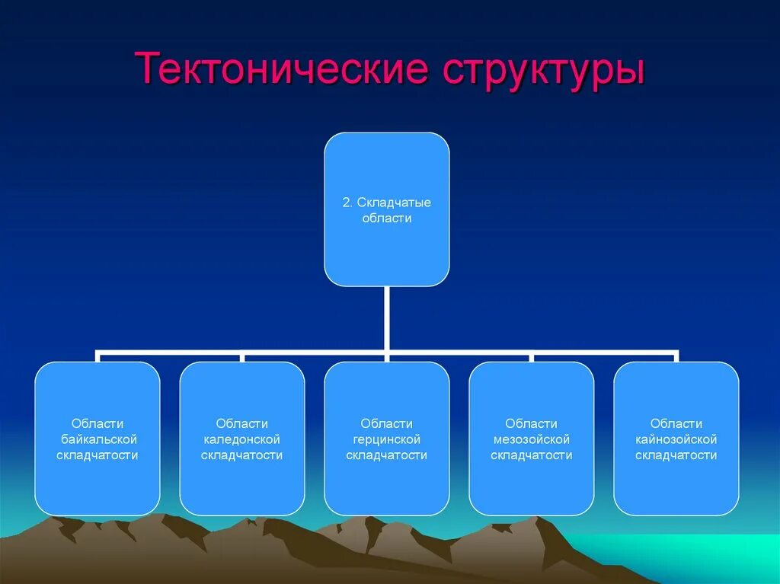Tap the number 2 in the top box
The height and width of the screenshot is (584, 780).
pos(347,203)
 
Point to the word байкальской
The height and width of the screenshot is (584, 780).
pos(97,439)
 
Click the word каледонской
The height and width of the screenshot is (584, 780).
pos(242,439)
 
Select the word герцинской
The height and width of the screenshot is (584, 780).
pos(387,439)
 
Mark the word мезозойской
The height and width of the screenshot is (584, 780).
pos(532,439)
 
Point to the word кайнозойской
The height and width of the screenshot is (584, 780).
pos(676,439)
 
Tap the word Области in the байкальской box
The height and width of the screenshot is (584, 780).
pos(97,423)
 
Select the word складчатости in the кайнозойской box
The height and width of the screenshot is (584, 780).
pos(676,455)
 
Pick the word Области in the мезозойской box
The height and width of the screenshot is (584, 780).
pos(532,423)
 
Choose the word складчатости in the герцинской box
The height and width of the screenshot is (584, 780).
pos(387,455)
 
